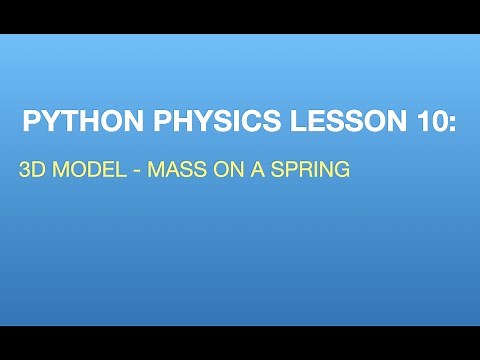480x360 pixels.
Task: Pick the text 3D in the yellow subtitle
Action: click(32, 170)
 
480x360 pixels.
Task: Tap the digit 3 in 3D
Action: click(25, 170)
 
